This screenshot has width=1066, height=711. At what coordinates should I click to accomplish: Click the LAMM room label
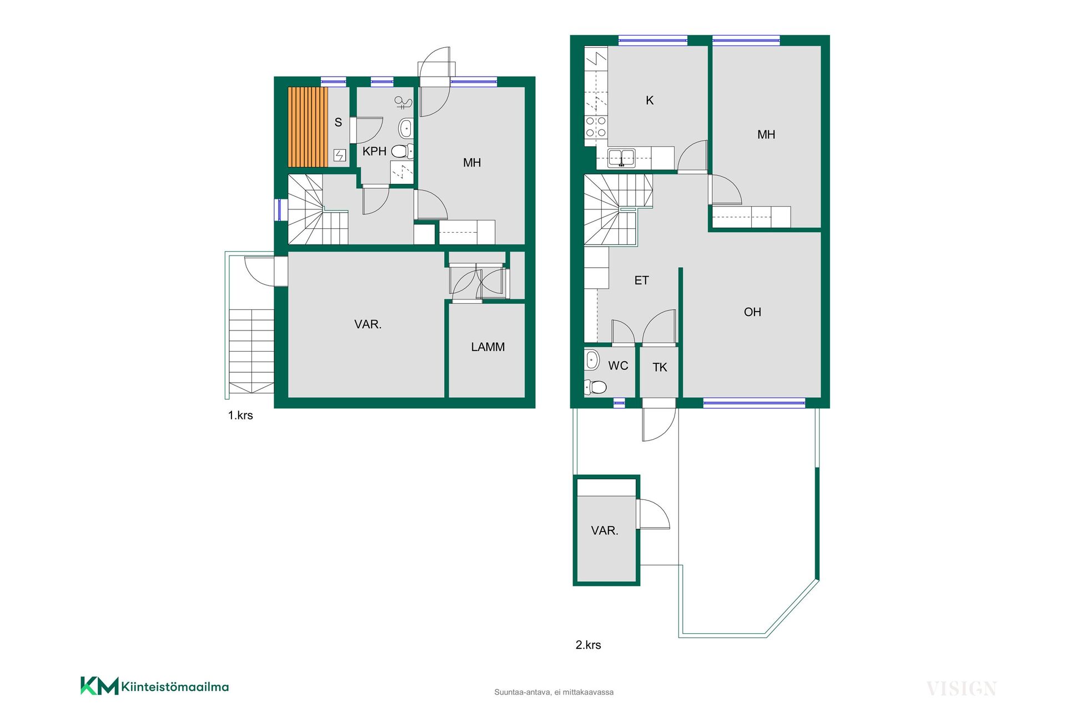487,347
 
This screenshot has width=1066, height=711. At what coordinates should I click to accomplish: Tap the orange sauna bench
308,127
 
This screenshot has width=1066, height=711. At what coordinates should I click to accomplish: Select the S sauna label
338,122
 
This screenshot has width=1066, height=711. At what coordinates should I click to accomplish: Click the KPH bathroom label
374,151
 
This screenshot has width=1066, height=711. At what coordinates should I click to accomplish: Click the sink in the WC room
592,360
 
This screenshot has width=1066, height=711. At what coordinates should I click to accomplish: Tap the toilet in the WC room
595,387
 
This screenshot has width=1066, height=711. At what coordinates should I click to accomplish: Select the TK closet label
660,367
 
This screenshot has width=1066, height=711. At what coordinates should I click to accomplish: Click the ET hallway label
641,281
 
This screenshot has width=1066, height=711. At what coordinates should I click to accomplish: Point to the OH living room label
752,312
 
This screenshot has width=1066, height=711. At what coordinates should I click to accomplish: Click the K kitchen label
650,101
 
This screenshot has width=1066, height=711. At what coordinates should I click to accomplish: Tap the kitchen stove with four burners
596,127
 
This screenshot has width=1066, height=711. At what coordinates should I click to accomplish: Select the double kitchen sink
621,157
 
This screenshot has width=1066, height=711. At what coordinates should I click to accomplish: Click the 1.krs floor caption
240,415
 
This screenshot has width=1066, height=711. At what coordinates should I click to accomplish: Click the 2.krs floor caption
588,645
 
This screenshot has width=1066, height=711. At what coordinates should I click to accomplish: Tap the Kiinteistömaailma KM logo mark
99,686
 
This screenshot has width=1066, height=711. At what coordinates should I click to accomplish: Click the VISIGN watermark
962,689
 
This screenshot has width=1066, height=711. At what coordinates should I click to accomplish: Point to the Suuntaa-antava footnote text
554,692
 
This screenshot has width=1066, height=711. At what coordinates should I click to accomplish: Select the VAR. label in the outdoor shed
605,530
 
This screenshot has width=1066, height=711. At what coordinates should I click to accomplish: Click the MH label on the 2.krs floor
766,134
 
